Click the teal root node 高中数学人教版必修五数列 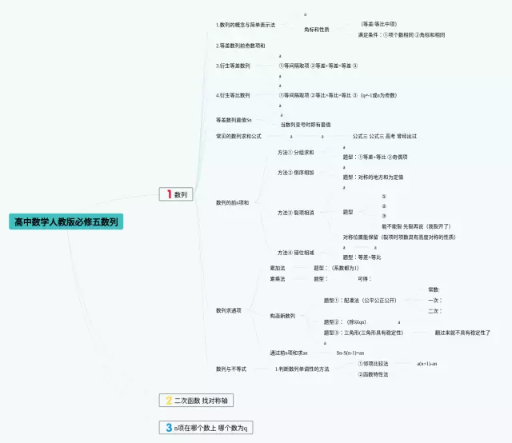click(66, 221)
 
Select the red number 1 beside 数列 click(169, 194)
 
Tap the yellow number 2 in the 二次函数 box click(169, 400)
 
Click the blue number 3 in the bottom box click(169, 428)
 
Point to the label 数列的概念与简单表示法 click(246, 25)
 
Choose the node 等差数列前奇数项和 click(241, 46)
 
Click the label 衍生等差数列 click(233, 66)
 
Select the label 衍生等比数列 click(233, 95)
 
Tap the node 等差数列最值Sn click(234, 120)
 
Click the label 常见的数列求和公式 click(238, 137)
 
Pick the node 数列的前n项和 click(232, 202)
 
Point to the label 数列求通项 click(229, 310)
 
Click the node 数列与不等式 click(231, 369)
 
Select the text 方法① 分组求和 click(296, 152)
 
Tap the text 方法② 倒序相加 click(296, 172)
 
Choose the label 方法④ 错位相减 click(296, 252)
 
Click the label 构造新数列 click(282, 316)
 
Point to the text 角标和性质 click(317, 30)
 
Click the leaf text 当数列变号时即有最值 click(306, 125)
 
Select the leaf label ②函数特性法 click(373, 374)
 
